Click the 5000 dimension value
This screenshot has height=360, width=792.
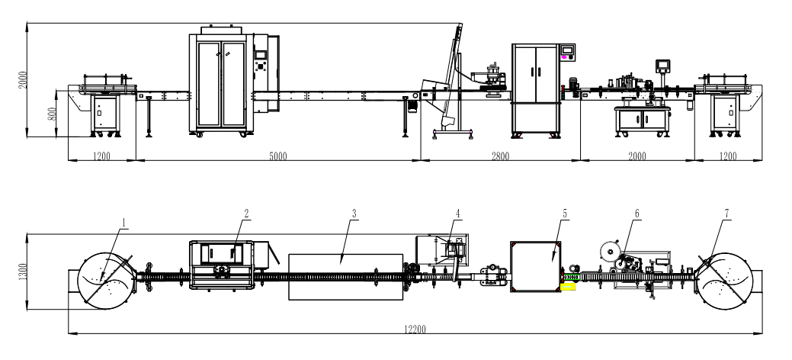(x=277, y=156)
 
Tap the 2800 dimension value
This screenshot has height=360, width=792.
(x=500, y=156)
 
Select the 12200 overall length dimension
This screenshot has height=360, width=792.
(x=415, y=329)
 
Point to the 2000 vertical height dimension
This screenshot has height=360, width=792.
(x=23, y=79)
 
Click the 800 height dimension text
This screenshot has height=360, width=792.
(x=52, y=114)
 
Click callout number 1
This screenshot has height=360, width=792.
(x=122, y=221)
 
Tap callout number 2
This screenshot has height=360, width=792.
(x=246, y=214)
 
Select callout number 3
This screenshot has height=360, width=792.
(x=354, y=214)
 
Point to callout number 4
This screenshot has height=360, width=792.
(x=457, y=214)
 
